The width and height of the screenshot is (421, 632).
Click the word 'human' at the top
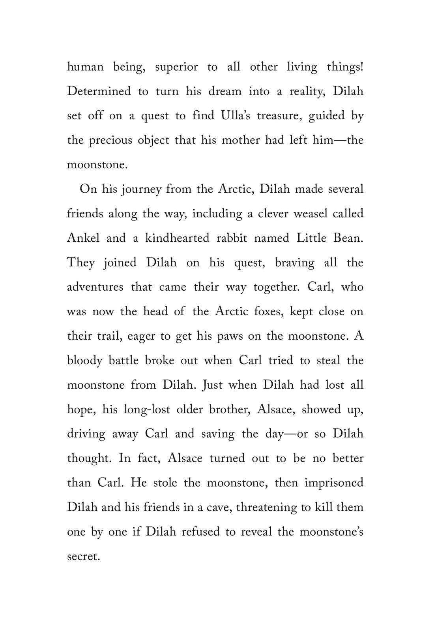[85, 67]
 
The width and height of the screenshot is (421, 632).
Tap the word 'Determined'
[99, 91]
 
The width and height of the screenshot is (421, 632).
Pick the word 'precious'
[110, 140]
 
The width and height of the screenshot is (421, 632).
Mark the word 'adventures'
[95, 287]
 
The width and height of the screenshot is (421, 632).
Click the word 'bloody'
[84, 361]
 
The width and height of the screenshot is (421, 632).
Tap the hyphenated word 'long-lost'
[147, 410]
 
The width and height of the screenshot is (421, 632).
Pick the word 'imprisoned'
[334, 483]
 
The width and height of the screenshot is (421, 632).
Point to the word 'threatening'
[266, 508]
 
